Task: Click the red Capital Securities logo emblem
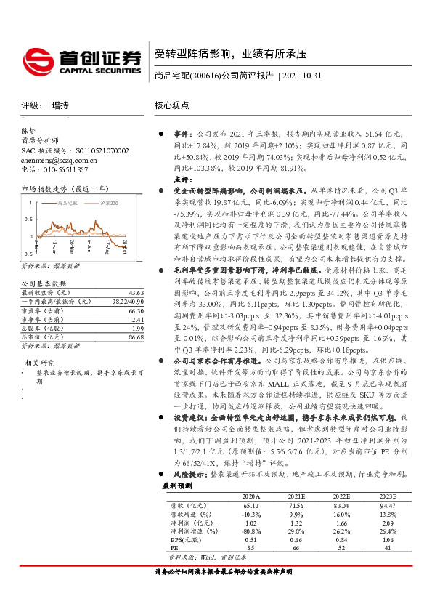coord(38,59)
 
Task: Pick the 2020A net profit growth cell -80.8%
coord(250,531)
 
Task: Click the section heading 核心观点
coord(171,105)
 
